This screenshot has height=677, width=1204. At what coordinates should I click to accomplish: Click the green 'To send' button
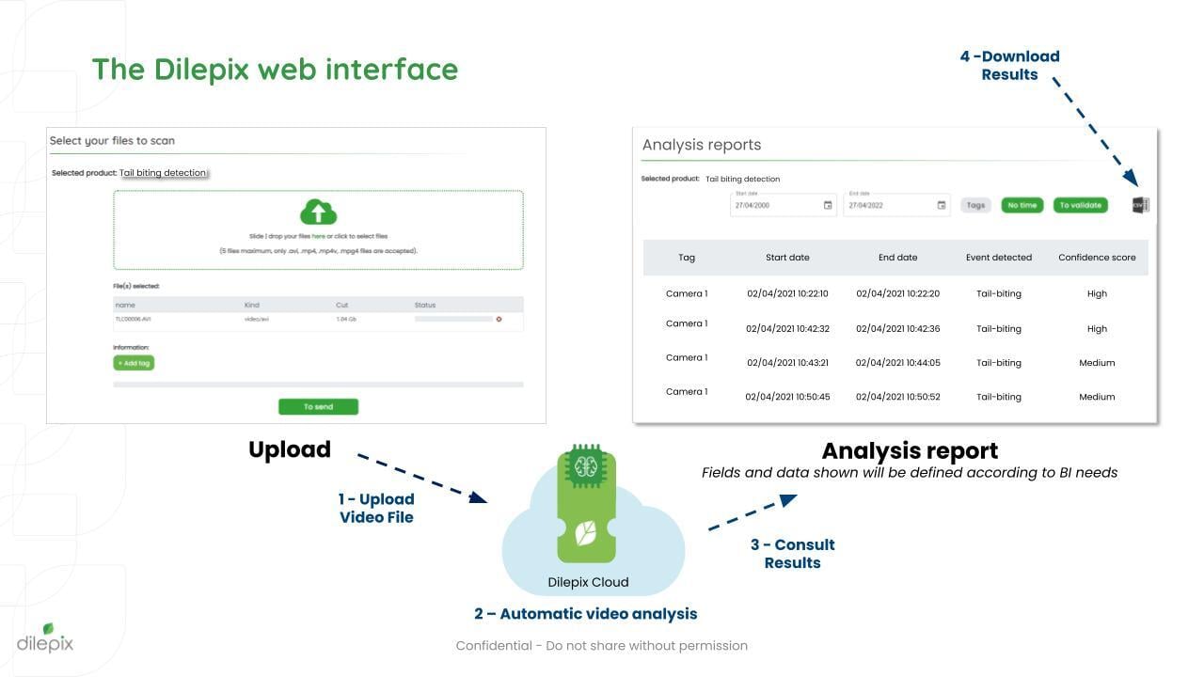(318, 407)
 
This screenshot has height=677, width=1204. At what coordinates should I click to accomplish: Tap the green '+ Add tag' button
(134, 363)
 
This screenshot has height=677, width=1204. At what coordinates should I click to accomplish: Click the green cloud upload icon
(318, 212)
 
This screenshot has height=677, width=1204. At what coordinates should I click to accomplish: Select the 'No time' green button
(1022, 205)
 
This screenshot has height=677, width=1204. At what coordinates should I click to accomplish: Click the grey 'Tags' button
(975, 205)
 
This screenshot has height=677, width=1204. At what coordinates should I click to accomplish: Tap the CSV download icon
(1140, 205)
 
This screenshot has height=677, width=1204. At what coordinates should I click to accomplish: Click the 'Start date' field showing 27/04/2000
(783, 205)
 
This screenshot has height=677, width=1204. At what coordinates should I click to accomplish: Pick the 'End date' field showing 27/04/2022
(895, 205)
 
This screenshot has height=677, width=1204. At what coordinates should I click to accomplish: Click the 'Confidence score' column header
(1097, 258)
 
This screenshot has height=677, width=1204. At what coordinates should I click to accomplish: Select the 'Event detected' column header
(998, 258)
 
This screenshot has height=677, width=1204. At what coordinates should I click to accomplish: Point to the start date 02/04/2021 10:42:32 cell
(787, 329)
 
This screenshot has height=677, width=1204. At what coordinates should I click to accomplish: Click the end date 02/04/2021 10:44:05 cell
(897, 363)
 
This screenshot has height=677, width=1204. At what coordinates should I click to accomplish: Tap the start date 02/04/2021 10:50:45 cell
(787, 397)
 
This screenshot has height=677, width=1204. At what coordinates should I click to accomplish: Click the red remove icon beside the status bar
(499, 320)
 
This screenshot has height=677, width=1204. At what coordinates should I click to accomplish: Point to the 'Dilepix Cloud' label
(588, 582)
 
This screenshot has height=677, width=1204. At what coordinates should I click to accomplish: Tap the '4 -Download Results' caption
(1009, 66)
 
